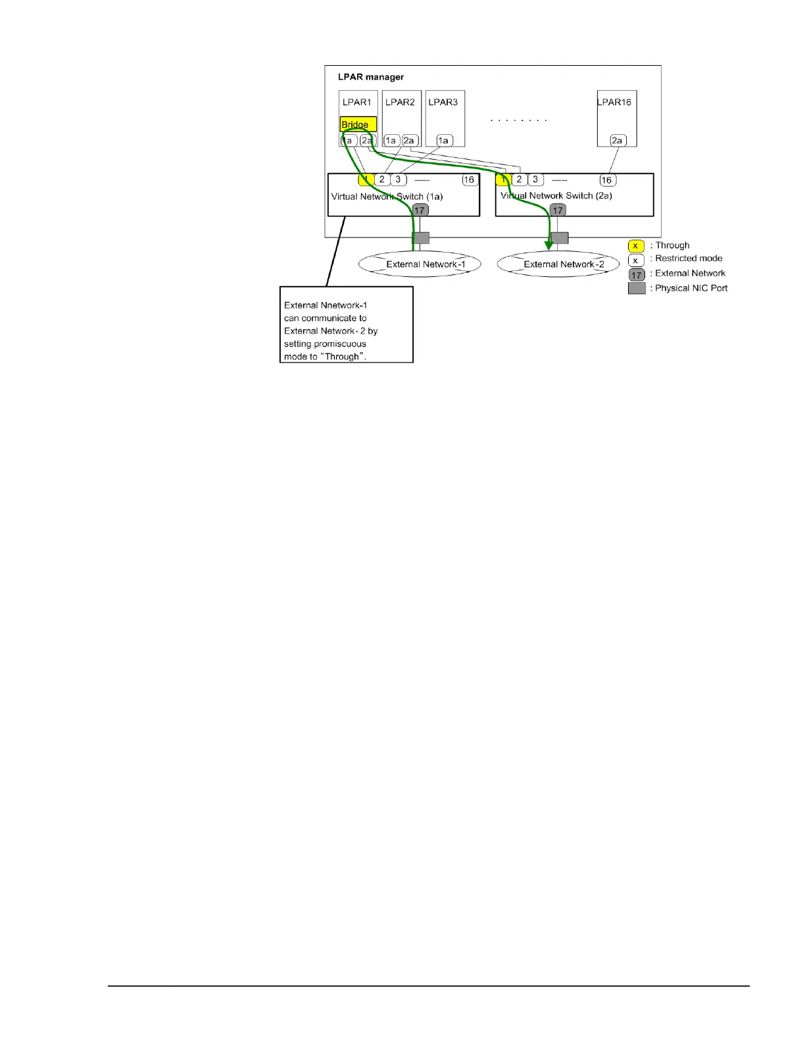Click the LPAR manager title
370,77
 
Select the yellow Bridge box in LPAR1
358,124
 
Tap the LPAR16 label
615,102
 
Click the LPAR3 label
443,102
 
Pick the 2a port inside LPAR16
617,140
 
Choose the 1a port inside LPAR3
444,140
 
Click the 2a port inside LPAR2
409,140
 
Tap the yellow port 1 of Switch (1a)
366,179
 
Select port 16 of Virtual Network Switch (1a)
469,180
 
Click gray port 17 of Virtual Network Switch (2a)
558,211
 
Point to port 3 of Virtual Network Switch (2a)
535,180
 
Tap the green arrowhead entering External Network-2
549,245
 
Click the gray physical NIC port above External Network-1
420,238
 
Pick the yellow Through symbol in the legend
635,246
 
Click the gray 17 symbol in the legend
637,275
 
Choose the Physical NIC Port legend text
691,288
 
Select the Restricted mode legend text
689,259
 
